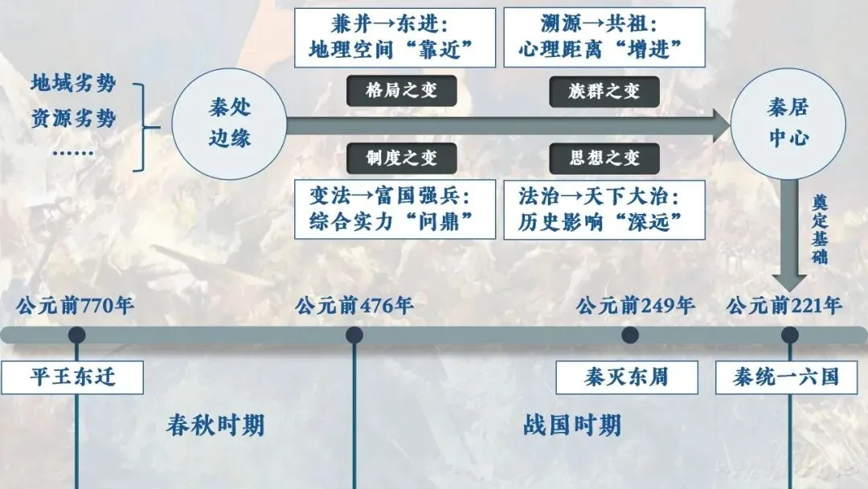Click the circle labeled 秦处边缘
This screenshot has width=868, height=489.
pyautogui.click(x=229, y=124)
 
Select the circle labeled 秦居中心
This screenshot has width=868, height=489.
pyautogui.click(x=788, y=124)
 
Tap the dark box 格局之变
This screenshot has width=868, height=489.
pyautogui.click(x=401, y=91)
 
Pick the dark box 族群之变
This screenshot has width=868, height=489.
pyautogui.click(x=604, y=92)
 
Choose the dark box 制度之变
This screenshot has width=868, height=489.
pyautogui.click(x=401, y=158)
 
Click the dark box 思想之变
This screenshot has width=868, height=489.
pyautogui.click(x=604, y=158)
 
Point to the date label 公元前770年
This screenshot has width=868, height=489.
pyautogui.click(x=75, y=306)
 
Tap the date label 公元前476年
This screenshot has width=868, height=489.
pyautogui.click(x=354, y=306)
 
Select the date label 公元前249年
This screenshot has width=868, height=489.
pyautogui.click(x=635, y=306)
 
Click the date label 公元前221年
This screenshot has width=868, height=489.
pyautogui.click(x=784, y=306)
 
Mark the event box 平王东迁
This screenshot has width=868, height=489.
pyautogui.click(x=72, y=378)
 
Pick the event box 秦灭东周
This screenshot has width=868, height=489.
pyautogui.click(x=627, y=378)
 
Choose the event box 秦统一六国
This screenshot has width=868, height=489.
pyautogui.click(x=786, y=378)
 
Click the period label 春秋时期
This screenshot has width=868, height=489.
pyautogui.click(x=215, y=425)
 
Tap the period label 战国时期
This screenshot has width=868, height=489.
pyautogui.click(x=572, y=425)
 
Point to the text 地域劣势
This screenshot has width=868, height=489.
pyautogui.click(x=73, y=84)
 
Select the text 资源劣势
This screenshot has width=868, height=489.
pyautogui.click(x=73, y=118)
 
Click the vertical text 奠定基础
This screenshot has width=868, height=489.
pyautogui.click(x=819, y=229)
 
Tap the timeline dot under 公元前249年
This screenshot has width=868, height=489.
pyautogui.click(x=630, y=335)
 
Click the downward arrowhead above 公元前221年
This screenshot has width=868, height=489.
pyautogui.click(x=789, y=282)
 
